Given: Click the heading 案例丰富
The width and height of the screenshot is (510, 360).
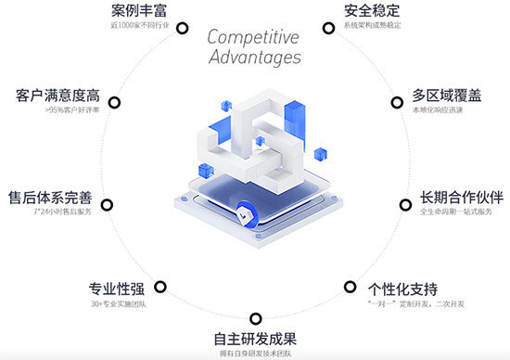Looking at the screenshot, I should [136, 12].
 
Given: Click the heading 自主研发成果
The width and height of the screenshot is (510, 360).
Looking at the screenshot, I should [255, 338].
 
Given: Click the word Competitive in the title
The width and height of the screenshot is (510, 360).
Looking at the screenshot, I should [253, 37].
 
